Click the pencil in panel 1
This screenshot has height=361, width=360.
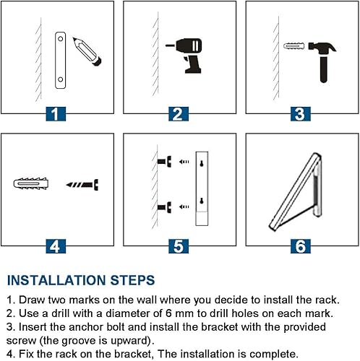[87, 51]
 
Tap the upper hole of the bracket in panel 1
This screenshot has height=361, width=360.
[61, 39]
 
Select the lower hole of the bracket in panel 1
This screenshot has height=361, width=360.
[61, 79]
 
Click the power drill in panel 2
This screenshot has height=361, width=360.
[184, 55]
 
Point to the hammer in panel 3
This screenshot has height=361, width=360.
[322, 61]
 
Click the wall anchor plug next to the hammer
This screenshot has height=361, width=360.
[294, 45]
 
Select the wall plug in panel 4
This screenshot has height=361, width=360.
[31, 184]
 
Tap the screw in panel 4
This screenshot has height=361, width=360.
[82, 185]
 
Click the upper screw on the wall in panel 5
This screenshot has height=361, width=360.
[164, 161]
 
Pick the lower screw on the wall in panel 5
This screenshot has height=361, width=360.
[164, 207]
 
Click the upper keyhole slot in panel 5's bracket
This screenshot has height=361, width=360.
[202, 164]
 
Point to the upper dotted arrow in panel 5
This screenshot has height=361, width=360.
[184, 162]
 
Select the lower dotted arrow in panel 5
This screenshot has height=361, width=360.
[184, 206]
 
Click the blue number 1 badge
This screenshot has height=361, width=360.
[56, 114]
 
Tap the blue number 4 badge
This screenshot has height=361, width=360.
[56, 246]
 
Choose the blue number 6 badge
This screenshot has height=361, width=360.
[301, 246]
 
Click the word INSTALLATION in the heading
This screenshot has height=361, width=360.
[56, 280]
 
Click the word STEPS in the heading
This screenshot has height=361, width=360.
[132, 280]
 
